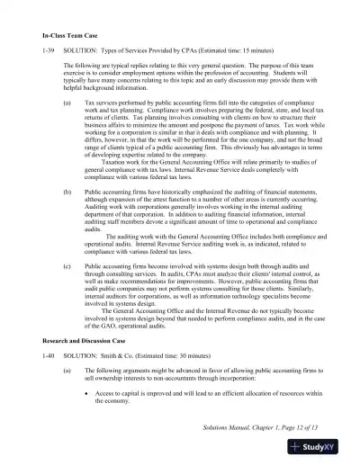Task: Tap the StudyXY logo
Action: click(x=322, y=446)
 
